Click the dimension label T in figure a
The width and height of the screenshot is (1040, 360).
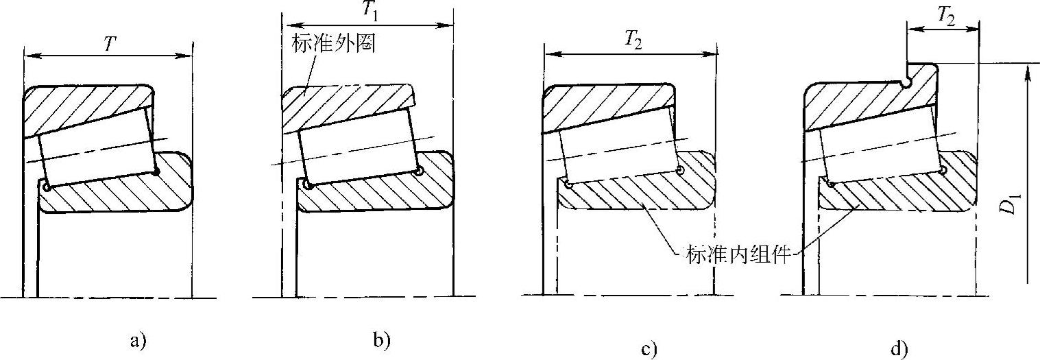pyautogui.click(x=109, y=43)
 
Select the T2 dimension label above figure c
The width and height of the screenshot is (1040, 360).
pyautogui.click(x=631, y=43)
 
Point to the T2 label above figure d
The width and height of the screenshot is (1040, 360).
pyautogui.click(x=945, y=19)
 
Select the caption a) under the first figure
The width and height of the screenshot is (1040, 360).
pyautogui.click(x=137, y=340)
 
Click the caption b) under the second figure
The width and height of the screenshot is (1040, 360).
pyautogui.click(x=380, y=340)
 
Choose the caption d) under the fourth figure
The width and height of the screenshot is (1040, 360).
pyautogui.click(x=897, y=350)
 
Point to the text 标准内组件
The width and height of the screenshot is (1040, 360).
pyautogui.click(x=737, y=257)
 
